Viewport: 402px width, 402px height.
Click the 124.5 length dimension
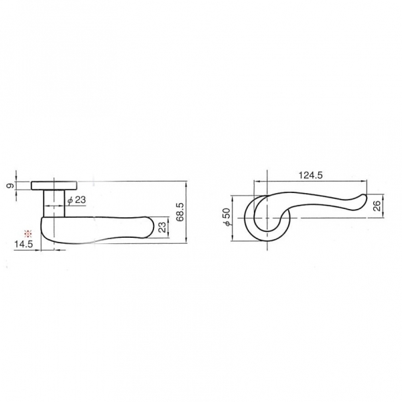[310, 176]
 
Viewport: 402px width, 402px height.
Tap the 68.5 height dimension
[180, 212]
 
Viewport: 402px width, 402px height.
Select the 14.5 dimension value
[23, 245]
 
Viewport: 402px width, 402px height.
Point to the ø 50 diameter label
[227, 216]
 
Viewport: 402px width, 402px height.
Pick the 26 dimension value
[377, 206]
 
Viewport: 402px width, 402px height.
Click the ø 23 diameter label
[76, 200]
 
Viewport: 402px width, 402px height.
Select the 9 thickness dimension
[10, 186]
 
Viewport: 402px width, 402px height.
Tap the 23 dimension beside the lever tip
[162, 227]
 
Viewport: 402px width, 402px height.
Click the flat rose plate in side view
[54, 186]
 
